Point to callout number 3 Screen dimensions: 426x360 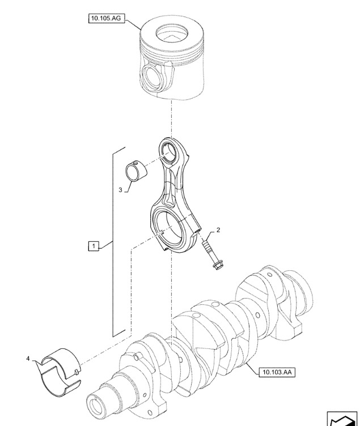[120, 190]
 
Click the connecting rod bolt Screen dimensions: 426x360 [211, 254]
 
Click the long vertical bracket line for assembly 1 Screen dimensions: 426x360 [112, 244]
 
